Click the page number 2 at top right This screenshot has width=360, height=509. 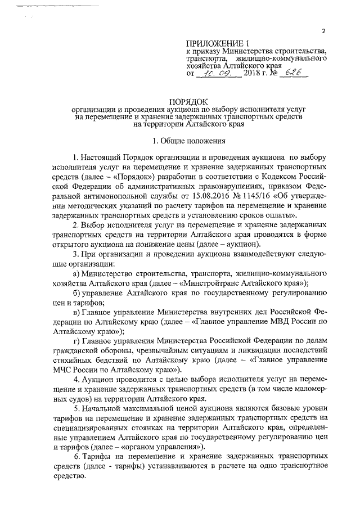[323, 31]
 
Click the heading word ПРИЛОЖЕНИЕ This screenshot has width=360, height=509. [212, 44]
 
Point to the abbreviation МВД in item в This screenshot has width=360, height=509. [280, 322]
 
